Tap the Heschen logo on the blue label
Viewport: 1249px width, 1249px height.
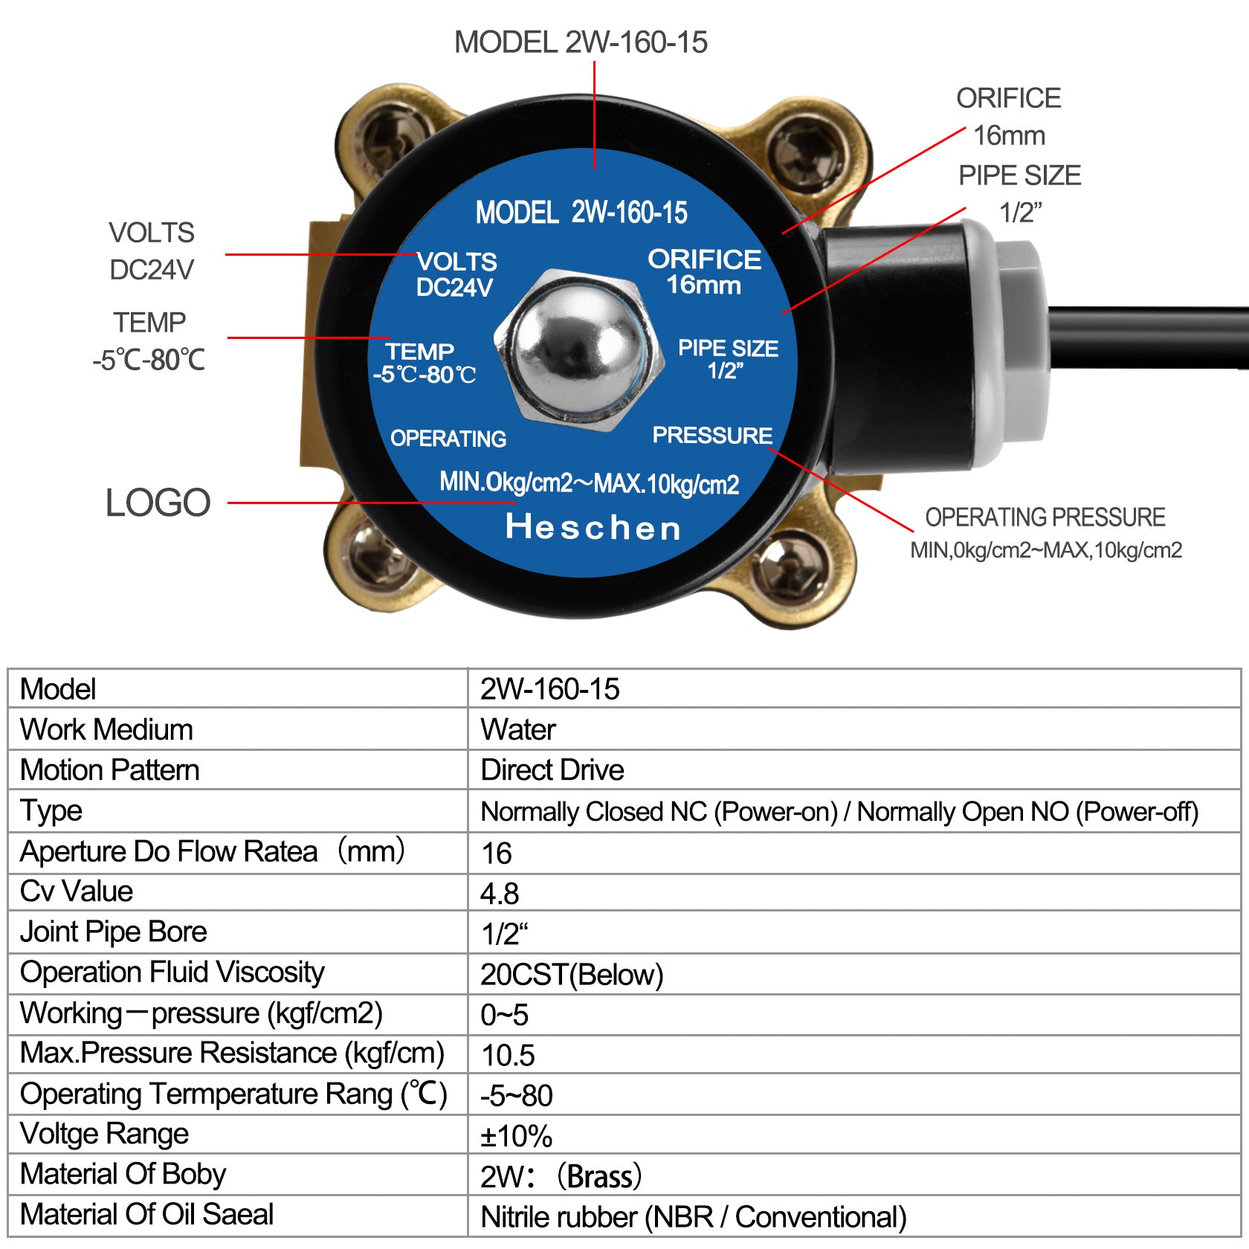(x=593, y=527)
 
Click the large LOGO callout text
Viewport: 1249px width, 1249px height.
(x=158, y=503)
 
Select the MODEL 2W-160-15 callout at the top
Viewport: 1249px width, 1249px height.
(x=581, y=42)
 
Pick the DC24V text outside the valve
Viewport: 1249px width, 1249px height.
(x=152, y=270)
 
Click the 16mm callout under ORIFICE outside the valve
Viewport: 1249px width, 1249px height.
(x=1009, y=135)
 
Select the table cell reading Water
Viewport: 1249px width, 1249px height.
(x=518, y=729)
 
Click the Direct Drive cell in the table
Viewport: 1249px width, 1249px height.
(x=552, y=769)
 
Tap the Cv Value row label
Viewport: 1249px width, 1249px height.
(x=77, y=891)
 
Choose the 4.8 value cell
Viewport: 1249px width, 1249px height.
(x=500, y=894)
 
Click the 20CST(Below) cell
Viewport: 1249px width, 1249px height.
(x=572, y=975)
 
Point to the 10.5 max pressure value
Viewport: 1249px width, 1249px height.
(x=508, y=1055)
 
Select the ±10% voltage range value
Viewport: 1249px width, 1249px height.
(x=516, y=1136)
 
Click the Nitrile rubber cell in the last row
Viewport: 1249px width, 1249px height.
(x=694, y=1217)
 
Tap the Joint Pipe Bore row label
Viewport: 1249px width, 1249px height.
(x=113, y=932)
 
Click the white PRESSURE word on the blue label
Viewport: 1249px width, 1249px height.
(x=712, y=436)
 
